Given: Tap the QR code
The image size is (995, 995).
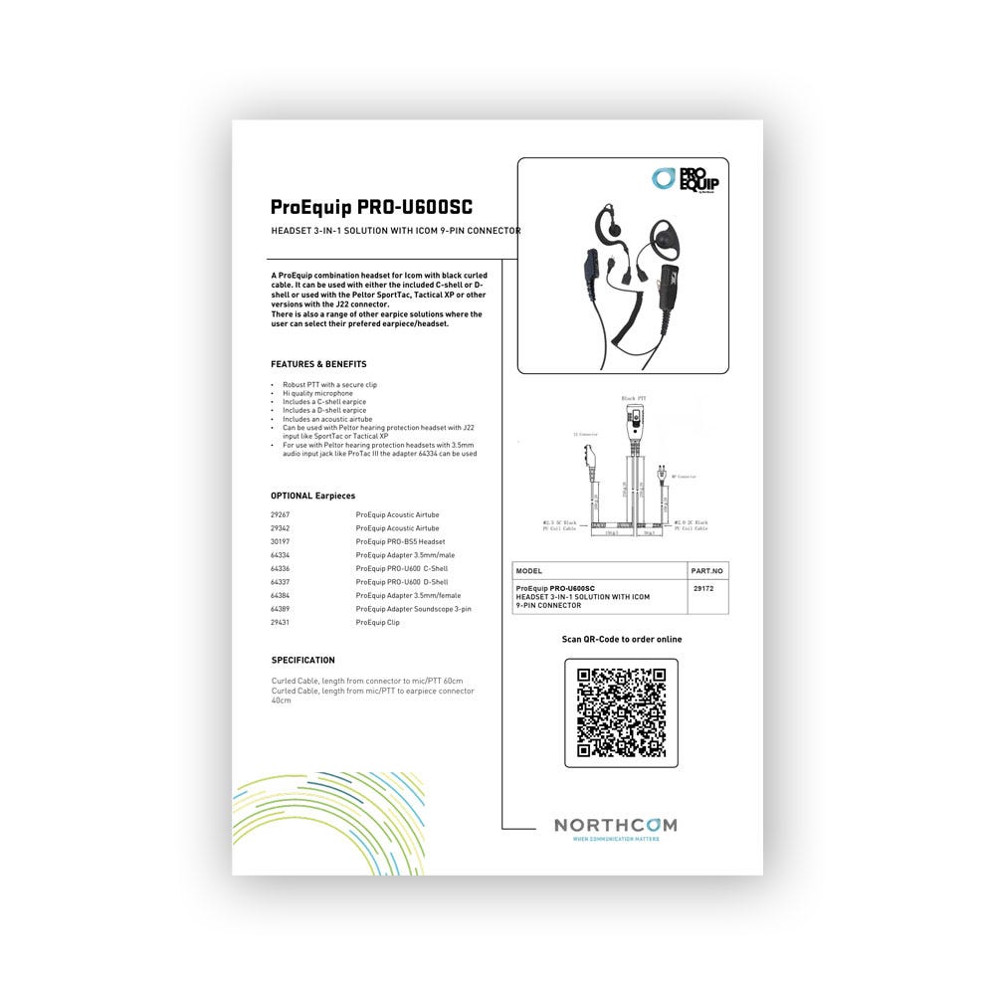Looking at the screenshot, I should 622,712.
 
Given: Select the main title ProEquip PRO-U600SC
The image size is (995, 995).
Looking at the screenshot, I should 371,207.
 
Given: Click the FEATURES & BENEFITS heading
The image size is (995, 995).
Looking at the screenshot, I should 318,364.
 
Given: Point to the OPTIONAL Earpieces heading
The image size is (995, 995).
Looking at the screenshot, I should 312,496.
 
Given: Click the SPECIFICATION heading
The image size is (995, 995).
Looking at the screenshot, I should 303,660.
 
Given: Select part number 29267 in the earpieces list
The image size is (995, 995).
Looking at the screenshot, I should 281,515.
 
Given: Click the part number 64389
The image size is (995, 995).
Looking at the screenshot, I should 281,608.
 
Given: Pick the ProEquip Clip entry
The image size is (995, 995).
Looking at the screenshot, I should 378,622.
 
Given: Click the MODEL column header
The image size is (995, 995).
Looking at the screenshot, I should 529,571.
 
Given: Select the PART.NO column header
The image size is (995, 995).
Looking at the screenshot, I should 707,571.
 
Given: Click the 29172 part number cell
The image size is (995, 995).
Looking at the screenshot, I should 702,588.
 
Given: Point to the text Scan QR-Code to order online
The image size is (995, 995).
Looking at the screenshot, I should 622,639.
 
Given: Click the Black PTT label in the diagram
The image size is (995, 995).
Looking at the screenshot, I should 634,398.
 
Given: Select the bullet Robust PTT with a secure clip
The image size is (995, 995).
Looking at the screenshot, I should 329,384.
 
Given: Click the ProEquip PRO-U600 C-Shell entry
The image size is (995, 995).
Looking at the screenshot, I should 402,568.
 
